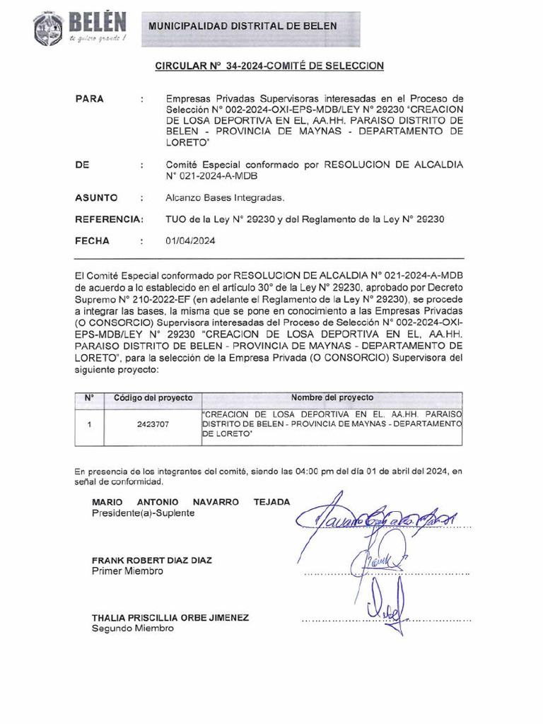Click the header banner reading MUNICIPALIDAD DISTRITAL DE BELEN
[243, 26]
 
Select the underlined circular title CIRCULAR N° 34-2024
[269, 66]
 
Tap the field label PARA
[89, 99]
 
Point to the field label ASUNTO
[96, 198]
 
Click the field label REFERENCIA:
[109, 219]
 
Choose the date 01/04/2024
[191, 241]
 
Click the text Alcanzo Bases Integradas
[225, 198]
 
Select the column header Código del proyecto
[153, 398]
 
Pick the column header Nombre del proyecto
[332, 398]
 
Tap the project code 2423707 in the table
[153, 426]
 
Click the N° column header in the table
[90, 398]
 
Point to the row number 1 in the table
[90, 426]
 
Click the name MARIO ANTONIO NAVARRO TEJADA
[191, 502]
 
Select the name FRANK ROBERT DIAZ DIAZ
[152, 560]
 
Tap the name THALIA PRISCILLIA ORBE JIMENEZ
[170, 617]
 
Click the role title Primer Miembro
[127, 571]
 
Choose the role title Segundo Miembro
[132, 628]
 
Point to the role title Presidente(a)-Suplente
[143, 513]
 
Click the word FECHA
[92, 241]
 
